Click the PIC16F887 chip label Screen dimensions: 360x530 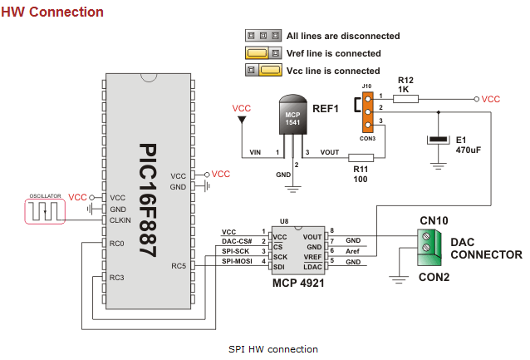[148, 199]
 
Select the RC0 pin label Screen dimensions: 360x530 [115, 244]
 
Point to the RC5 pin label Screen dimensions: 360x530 [179, 266]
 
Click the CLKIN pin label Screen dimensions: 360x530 [120, 220]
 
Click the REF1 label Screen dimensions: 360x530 [326, 109]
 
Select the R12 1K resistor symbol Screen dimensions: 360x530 [405, 99]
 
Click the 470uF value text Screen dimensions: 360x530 [469, 151]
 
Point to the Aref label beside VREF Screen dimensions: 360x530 [353, 251]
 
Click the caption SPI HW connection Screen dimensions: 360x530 [273, 348]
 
